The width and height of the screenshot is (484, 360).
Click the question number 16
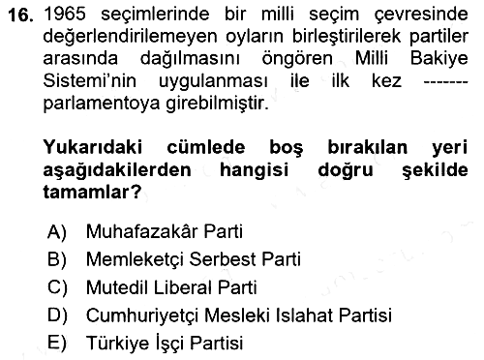[x=21, y=15]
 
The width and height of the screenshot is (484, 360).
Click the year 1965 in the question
[x=65, y=15]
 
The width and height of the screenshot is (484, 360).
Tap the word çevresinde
[x=421, y=15]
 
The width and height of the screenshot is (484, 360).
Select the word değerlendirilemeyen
[x=130, y=37]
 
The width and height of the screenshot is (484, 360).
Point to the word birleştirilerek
[x=347, y=37]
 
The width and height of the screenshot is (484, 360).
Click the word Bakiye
[x=439, y=59]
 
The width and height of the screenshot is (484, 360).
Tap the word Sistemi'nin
[x=90, y=80]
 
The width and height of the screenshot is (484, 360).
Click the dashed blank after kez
[x=445, y=81]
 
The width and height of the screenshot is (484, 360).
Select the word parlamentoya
[x=102, y=104]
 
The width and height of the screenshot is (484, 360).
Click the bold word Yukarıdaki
[x=93, y=147]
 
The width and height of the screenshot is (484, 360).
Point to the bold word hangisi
[x=254, y=170]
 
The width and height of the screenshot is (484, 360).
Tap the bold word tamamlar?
[x=92, y=192]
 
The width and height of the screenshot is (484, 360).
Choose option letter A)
[x=57, y=232]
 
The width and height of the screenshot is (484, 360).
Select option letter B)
[x=57, y=259]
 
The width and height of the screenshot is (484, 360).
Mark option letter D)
[x=57, y=315]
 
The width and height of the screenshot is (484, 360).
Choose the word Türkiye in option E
[x=117, y=343]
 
